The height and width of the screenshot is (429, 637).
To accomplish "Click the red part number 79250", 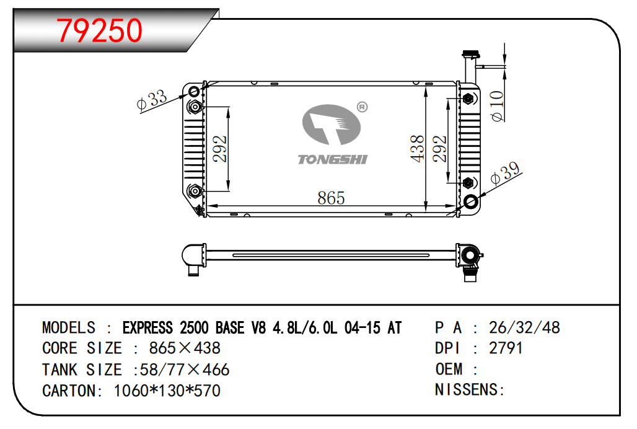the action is coord(100,30).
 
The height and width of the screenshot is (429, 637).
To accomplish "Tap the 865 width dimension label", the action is coord(331,198).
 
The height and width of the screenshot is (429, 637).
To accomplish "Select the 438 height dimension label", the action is coord(417,149).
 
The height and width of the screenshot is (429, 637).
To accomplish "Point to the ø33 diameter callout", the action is coord(152,100).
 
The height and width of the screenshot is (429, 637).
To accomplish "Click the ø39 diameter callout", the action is coord(505,174).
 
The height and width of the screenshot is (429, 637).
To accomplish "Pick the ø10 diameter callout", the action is coord(497,106).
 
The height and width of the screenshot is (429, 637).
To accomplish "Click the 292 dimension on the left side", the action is coord(220,149).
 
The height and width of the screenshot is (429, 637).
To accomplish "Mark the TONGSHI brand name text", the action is coord(333,159).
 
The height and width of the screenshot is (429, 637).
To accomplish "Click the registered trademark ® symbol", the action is coord(362,107).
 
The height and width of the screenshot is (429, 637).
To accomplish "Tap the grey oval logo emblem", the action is coord(331,125).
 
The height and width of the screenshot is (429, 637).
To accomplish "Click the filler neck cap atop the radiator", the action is coord(471,55).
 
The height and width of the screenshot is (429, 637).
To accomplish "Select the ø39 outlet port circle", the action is coord(471,201).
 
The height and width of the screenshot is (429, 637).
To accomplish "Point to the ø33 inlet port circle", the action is coord(194,91).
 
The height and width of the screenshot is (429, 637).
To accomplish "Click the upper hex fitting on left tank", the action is coord(195,107).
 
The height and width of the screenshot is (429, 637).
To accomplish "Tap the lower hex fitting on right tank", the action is coord(468,183).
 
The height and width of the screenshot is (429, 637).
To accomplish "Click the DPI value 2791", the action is coord(506,348).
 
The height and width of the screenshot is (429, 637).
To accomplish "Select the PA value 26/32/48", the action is coord(524,327).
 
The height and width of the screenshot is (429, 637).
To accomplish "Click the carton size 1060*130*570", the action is coord(167,391).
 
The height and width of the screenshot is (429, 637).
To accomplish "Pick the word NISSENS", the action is coord(467,389).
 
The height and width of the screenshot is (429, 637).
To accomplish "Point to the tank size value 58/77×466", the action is coord(185,369).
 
